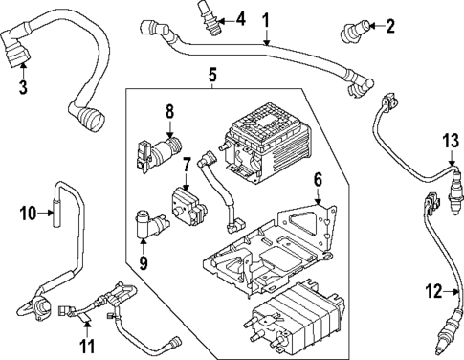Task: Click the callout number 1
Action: tap(266, 18)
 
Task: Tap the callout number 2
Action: tap(390, 26)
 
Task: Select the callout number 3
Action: tap(23, 90)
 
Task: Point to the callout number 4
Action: tap(240, 17)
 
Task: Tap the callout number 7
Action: tap(188, 163)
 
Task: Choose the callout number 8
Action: tap(169, 112)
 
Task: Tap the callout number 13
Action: tap(451, 141)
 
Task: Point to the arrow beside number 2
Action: tap(375, 26)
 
